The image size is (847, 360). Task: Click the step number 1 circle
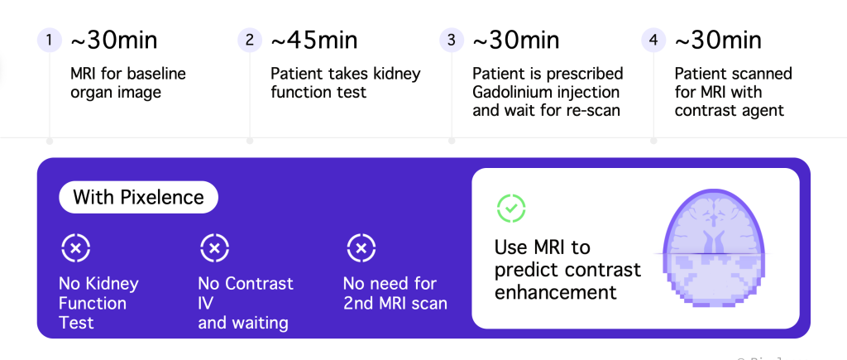(50, 40)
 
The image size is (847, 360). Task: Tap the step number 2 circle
(250, 40)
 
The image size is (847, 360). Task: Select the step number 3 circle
(452, 40)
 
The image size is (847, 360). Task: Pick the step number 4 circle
(653, 40)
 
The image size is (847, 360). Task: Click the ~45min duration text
(313, 41)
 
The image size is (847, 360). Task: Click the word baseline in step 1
(156, 74)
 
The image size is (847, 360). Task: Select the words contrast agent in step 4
(729, 111)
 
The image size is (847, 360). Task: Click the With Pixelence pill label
(138, 197)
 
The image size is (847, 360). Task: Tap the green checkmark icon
(511, 208)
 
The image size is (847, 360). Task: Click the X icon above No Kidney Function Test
(75, 248)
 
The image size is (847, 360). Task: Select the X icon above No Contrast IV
(214, 248)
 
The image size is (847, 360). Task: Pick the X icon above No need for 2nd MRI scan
(361, 248)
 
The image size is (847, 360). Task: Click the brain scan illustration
(713, 248)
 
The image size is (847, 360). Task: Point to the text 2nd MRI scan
(395, 303)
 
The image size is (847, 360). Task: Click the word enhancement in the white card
(555, 292)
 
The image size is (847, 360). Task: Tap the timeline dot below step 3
(452, 141)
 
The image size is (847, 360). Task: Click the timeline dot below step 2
(250, 141)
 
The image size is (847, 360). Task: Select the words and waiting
(243, 324)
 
